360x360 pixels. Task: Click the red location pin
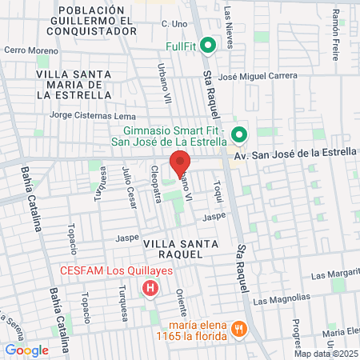tap(180, 163)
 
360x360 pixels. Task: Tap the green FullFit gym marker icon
tap(209, 46)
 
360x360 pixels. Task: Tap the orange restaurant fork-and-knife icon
tap(238, 329)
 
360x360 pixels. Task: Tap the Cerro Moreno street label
tap(26, 50)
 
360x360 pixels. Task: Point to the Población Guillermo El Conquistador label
tap(93, 19)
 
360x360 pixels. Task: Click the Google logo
tap(26, 350)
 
